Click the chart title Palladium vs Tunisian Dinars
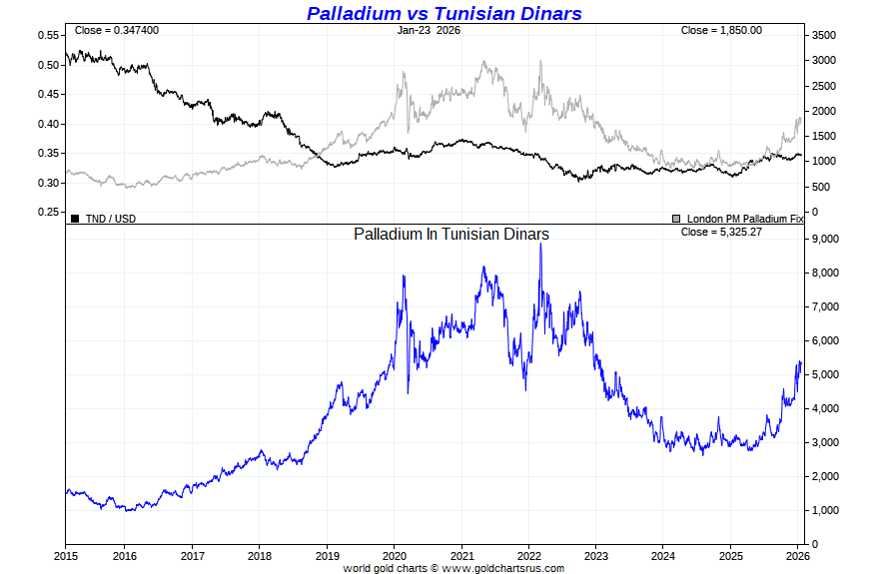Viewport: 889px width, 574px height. (x=444, y=13)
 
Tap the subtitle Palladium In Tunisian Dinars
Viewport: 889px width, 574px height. (x=451, y=234)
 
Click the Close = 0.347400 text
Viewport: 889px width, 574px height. (x=116, y=30)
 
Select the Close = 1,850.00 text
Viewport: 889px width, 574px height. (x=721, y=30)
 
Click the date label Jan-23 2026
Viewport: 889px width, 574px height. (x=429, y=30)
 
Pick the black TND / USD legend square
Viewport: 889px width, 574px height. (x=74, y=218)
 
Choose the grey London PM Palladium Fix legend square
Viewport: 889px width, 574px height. (x=677, y=218)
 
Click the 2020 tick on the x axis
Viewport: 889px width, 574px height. (x=394, y=556)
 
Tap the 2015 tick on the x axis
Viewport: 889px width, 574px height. (x=66, y=556)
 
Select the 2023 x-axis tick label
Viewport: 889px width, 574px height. (x=596, y=556)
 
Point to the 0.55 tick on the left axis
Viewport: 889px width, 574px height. (x=48, y=35)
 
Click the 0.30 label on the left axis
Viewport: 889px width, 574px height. (x=48, y=183)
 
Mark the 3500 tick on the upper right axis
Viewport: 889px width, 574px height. (x=823, y=35)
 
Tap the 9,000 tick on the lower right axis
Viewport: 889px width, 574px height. (x=825, y=240)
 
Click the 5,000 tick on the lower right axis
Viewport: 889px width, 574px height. (x=825, y=374)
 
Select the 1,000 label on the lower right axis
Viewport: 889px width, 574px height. (x=825, y=510)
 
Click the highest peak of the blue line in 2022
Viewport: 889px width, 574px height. (x=540, y=245)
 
